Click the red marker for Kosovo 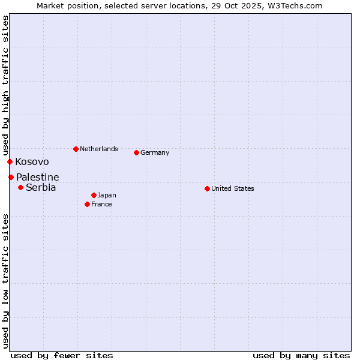[x=10, y=161]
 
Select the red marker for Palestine [x=11, y=177]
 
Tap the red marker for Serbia [x=20, y=187]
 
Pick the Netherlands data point [x=76, y=149]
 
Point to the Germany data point [x=136, y=152]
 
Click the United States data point [x=207, y=188]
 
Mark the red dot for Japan [x=94, y=195]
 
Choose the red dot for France [x=87, y=204]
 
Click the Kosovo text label [x=32, y=162]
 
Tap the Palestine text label [x=37, y=178]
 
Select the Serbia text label [x=41, y=188]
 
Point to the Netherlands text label [x=98, y=149]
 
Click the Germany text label [x=155, y=152]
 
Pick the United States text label [x=232, y=188]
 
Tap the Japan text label [x=107, y=195]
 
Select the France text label [x=101, y=204]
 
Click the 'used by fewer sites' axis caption [x=62, y=355]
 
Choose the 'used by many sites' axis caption [x=301, y=355]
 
